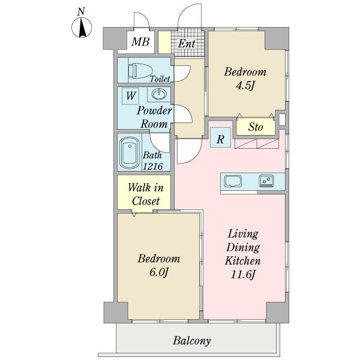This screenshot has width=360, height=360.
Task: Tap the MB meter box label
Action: point(140,42)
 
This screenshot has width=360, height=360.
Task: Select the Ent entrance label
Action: point(187,43)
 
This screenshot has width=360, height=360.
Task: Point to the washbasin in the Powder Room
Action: point(159,94)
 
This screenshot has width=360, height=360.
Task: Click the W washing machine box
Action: point(130,96)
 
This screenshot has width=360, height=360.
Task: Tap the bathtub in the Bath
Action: point(130,153)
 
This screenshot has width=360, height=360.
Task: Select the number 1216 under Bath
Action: point(152,166)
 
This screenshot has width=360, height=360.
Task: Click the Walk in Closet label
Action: point(146,194)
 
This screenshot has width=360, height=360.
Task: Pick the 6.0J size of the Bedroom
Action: point(159,272)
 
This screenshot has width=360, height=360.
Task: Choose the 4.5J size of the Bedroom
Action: point(245,86)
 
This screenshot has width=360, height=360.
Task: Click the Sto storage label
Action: point(256,127)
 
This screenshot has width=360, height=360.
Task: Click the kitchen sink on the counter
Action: point(233,181)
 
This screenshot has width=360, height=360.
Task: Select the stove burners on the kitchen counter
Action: point(266,180)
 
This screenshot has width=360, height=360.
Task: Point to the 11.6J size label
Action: point(242,274)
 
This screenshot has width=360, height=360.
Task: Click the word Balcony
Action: point(192,340)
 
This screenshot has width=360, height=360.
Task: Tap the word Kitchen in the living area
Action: point(242,261)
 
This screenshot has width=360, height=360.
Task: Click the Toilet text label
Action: point(160,79)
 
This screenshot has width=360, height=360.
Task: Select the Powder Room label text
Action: point(154,118)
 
